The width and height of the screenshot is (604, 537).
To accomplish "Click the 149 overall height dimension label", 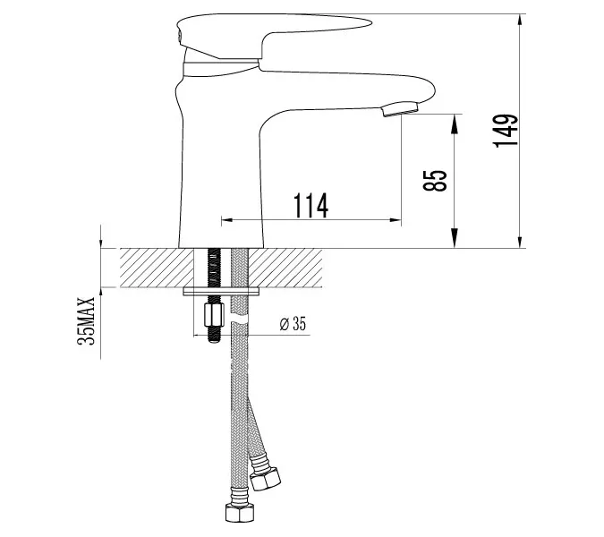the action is (x=505, y=131).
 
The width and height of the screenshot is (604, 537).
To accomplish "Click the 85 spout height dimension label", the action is (x=435, y=180).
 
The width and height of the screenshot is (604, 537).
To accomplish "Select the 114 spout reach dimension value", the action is (x=311, y=205).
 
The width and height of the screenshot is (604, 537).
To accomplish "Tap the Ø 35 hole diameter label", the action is (x=293, y=324).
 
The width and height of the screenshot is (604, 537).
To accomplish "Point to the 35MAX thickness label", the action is (x=86, y=321).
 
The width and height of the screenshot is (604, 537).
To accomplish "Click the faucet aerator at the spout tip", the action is (x=400, y=108).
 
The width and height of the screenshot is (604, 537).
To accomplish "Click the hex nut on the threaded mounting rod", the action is (x=213, y=314).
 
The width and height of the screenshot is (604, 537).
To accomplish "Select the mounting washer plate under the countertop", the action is (x=221, y=292).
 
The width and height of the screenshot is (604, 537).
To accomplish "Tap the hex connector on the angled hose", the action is (x=265, y=479).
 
